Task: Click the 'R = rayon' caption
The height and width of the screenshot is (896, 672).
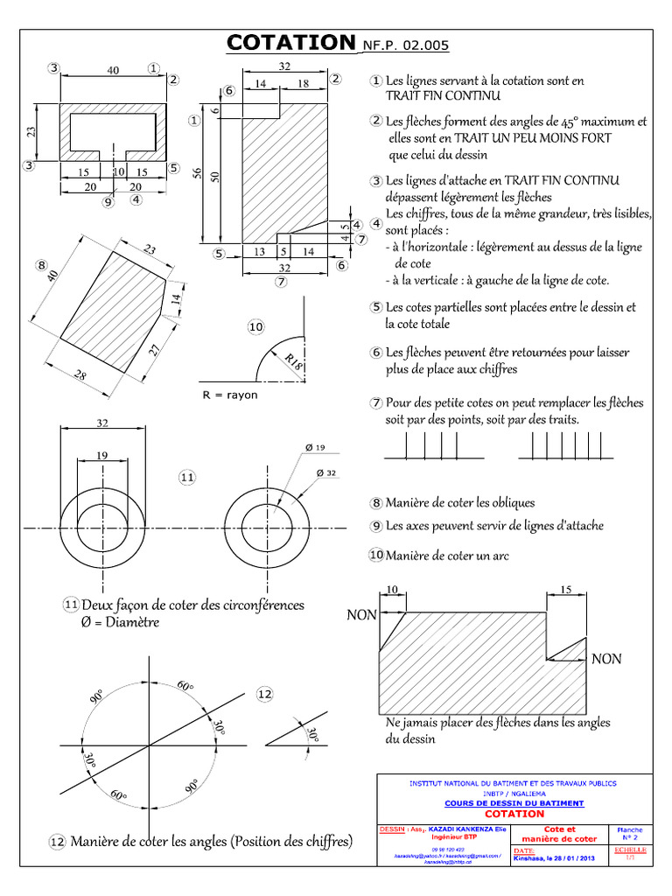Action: click(230, 395)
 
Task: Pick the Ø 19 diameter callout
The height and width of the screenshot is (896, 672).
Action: click(314, 448)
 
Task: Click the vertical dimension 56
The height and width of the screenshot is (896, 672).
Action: click(198, 174)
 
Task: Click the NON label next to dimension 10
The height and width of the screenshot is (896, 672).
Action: click(361, 615)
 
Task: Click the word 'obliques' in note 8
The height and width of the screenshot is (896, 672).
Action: click(507, 503)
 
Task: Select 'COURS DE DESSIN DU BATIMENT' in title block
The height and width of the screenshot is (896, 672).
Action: click(514, 802)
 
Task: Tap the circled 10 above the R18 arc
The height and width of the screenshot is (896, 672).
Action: click(255, 326)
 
